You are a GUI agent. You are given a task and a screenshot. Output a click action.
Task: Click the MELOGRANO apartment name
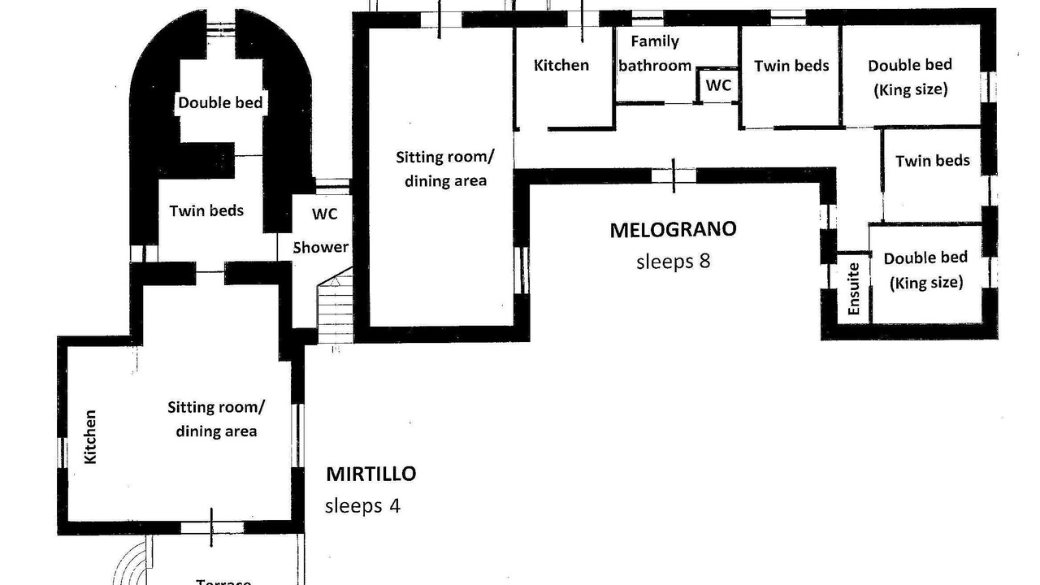673,230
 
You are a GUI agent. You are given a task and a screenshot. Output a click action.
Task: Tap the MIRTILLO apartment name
370,474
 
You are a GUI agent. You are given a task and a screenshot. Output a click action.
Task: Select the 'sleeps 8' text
673,262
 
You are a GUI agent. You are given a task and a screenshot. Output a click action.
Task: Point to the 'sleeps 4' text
362,505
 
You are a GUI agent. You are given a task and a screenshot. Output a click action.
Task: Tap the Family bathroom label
655,54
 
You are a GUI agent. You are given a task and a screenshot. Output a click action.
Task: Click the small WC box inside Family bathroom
718,84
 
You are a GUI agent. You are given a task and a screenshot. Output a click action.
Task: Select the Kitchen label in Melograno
561,66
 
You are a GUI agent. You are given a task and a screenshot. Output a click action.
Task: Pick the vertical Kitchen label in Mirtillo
90,436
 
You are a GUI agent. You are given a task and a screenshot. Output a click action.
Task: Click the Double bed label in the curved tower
220,102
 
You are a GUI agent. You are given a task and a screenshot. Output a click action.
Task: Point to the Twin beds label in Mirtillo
206,210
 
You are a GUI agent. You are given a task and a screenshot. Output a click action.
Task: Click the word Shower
321,247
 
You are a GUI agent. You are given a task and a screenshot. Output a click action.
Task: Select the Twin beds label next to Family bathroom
791,66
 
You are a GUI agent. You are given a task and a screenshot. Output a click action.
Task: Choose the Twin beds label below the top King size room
933,161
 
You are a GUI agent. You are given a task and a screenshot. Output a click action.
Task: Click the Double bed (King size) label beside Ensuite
925,270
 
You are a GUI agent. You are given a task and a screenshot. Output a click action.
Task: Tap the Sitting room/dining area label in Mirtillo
216,418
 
